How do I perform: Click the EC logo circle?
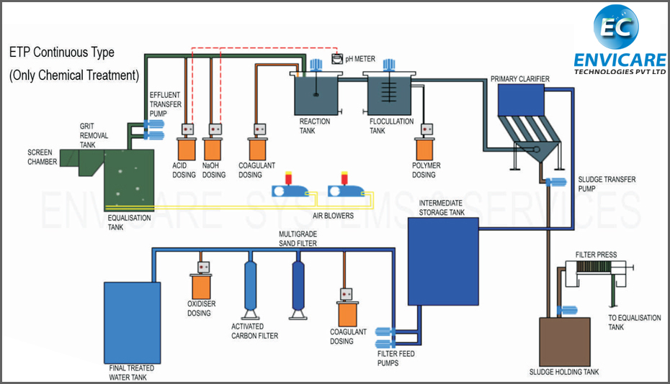(x=616, y=27)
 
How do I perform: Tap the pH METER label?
(x=360, y=59)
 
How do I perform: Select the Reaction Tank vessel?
(x=316, y=93)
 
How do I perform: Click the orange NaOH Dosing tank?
(x=214, y=148)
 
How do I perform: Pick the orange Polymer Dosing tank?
(x=424, y=148)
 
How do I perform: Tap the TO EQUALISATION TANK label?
(x=626, y=322)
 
